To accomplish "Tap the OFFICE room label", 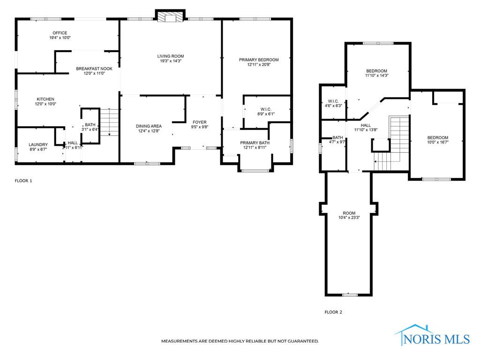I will pyautogui.click(x=60, y=33).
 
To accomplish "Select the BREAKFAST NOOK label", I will pyautogui.click(x=94, y=68).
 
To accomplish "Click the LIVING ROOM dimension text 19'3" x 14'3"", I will pyautogui.click(x=170, y=61).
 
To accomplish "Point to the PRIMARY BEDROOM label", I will pyautogui.click(x=259, y=60).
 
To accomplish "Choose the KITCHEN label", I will pyautogui.click(x=46, y=99).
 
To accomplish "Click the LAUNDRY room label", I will pyautogui.click(x=38, y=144).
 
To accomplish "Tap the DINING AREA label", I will pyautogui.click(x=149, y=126).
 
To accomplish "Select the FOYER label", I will pyautogui.click(x=199, y=122).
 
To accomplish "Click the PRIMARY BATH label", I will pyautogui.click(x=255, y=142).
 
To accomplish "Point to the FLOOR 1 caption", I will pyautogui.click(x=23, y=180).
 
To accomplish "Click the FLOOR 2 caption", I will pyautogui.click(x=333, y=312).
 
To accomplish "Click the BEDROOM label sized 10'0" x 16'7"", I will pyautogui.click(x=437, y=137).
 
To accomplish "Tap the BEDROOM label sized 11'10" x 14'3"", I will pyautogui.click(x=377, y=71).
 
